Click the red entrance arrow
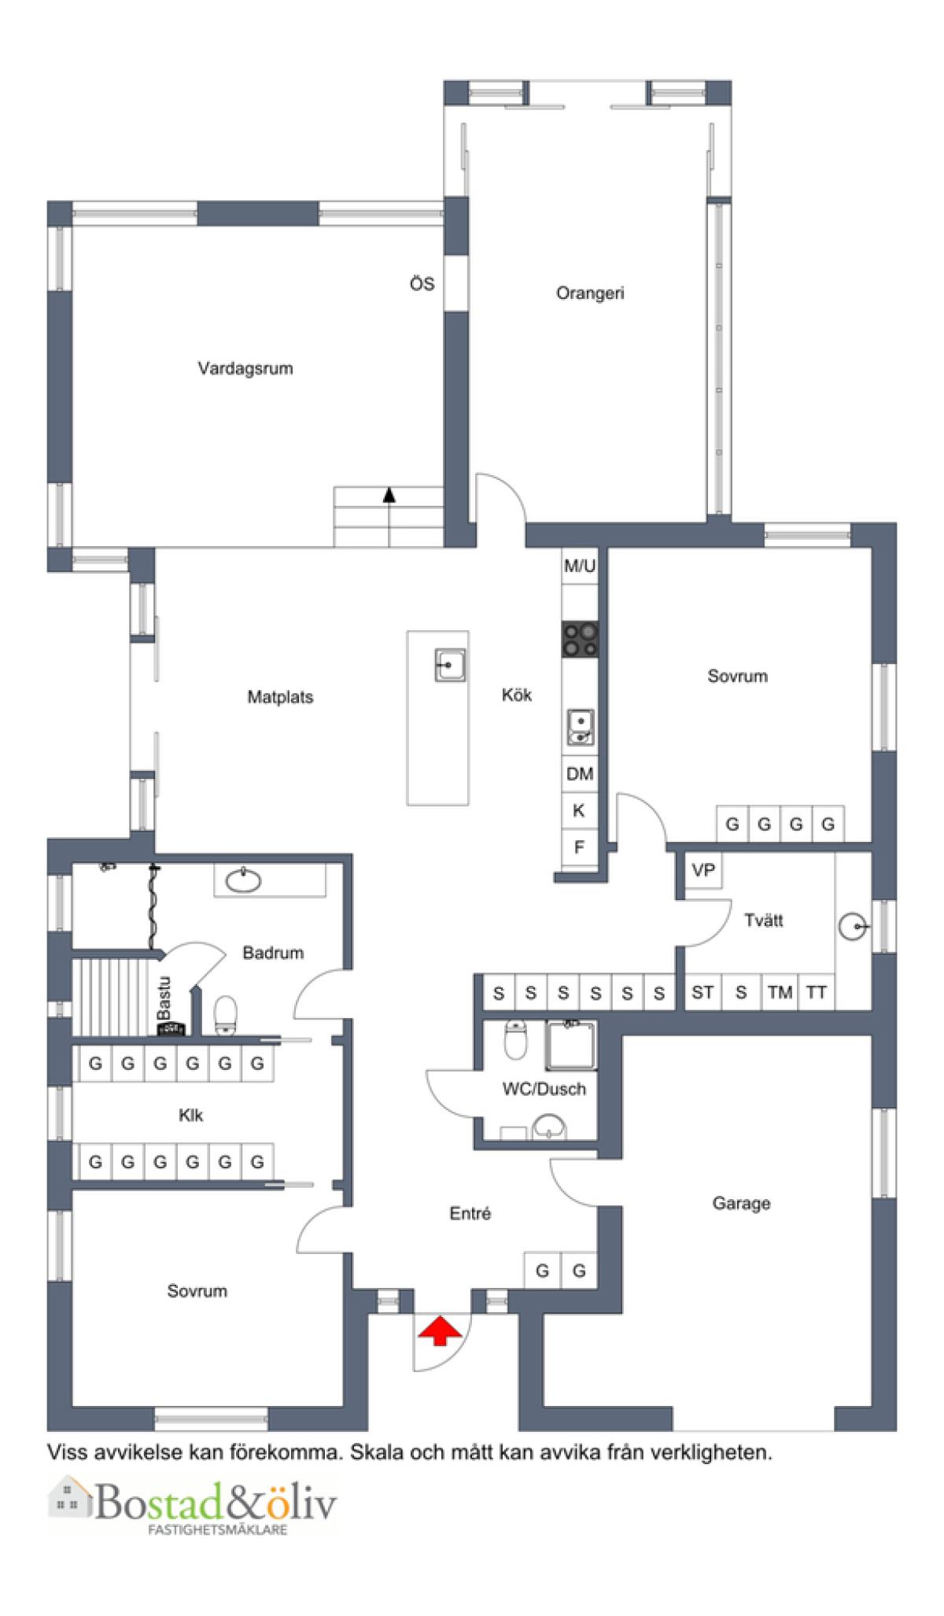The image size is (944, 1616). pyautogui.click(x=439, y=1331)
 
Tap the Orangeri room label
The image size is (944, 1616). pyautogui.click(x=590, y=293)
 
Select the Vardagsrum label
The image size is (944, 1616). pyautogui.click(x=245, y=368)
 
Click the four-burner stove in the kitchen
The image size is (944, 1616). pyautogui.click(x=580, y=639)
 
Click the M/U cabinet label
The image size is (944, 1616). pyautogui.click(x=580, y=565)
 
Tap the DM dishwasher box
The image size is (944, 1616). pyautogui.click(x=580, y=774)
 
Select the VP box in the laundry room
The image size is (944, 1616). pyautogui.click(x=703, y=871)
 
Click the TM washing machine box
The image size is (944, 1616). pyautogui.click(x=780, y=993)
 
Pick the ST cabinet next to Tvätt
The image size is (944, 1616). pyautogui.click(x=702, y=993)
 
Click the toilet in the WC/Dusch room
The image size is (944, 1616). pyautogui.click(x=515, y=1039)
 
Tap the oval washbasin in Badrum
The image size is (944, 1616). pyautogui.click(x=243, y=880)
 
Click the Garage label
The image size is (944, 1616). pyautogui.click(x=741, y=1203)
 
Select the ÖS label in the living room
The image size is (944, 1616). pyautogui.click(x=422, y=284)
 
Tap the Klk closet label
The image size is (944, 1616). pyautogui.click(x=191, y=1115)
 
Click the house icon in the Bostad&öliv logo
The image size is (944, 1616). pyautogui.click(x=69, y=1497)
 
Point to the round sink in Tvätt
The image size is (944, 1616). pyautogui.click(x=852, y=928)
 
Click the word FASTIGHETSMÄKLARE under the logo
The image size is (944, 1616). pyautogui.click(x=218, y=1529)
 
